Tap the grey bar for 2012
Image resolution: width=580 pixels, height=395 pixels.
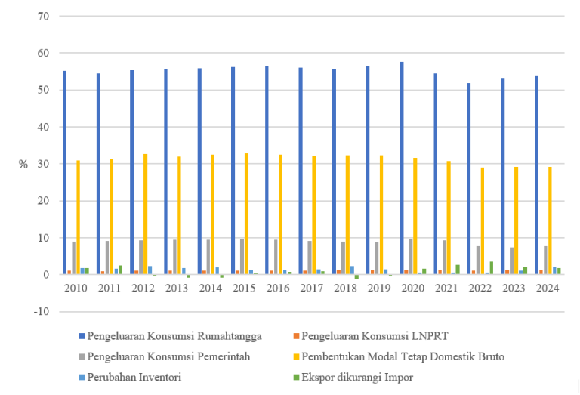coord(140,258)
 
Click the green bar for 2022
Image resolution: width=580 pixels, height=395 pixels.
coord(491,268)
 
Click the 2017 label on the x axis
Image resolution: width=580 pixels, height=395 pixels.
coord(310,289)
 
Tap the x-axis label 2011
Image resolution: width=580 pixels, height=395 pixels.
coord(108,289)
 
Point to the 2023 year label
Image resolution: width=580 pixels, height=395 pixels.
coord(514,289)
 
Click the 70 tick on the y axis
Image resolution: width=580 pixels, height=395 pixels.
coord(42,16)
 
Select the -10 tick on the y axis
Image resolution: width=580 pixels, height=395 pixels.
coord(40,312)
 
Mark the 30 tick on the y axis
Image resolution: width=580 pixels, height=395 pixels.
coord(42,164)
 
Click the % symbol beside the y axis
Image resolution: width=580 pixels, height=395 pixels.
coord(23,164)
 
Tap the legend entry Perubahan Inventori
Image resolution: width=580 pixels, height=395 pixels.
coord(134,377)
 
